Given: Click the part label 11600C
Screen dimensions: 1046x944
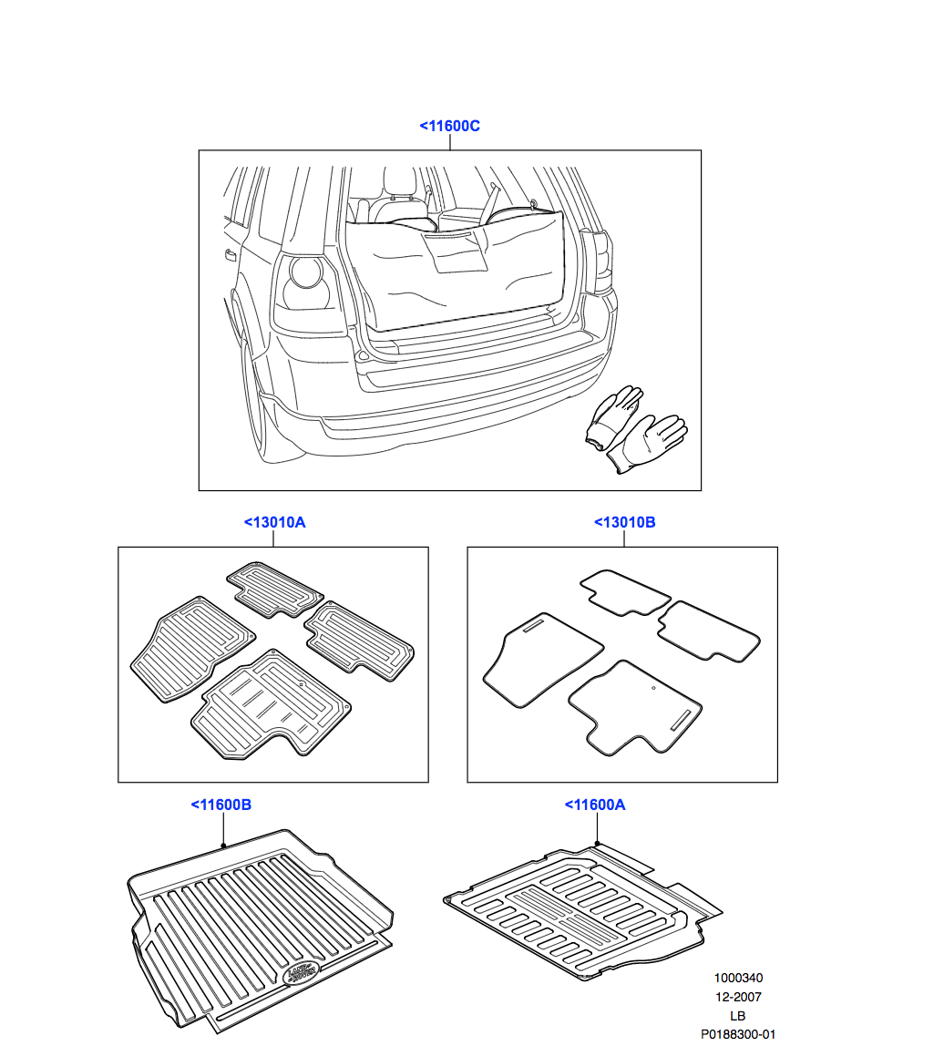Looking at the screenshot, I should tap(449, 126).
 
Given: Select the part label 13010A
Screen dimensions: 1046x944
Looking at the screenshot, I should tap(274, 522).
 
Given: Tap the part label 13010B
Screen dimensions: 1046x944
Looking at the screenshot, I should tap(624, 522).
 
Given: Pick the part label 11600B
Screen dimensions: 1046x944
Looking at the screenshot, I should tap(221, 805).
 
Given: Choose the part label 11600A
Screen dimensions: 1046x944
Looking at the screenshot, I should tap(595, 805).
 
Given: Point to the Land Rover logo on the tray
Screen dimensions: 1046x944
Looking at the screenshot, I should tap(301, 972).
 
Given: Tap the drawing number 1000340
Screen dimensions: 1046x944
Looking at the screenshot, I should tap(738, 978).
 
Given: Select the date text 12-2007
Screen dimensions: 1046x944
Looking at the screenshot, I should tap(738, 997).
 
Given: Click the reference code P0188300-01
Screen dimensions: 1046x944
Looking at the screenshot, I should tap(738, 1034).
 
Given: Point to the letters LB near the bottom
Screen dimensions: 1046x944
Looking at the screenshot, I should tap(738, 1015).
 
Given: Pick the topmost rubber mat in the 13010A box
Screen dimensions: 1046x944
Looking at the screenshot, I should tap(274, 590).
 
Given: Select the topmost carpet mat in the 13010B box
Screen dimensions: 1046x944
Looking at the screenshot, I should tap(624, 592).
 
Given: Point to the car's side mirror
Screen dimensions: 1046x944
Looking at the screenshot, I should tap(230, 254).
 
